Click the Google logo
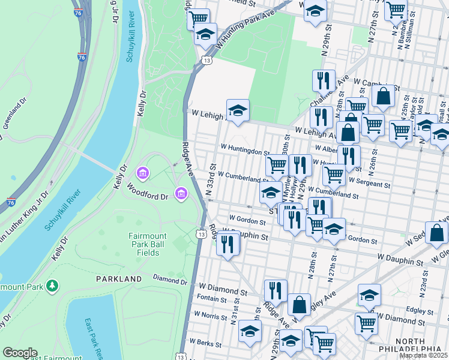20,353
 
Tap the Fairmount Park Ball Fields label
143,244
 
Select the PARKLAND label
119,279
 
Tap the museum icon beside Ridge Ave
181,193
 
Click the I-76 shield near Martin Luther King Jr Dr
11,203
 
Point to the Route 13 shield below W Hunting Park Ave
207,61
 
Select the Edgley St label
420,311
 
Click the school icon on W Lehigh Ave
238,110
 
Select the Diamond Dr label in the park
167,278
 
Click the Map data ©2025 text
423,355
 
